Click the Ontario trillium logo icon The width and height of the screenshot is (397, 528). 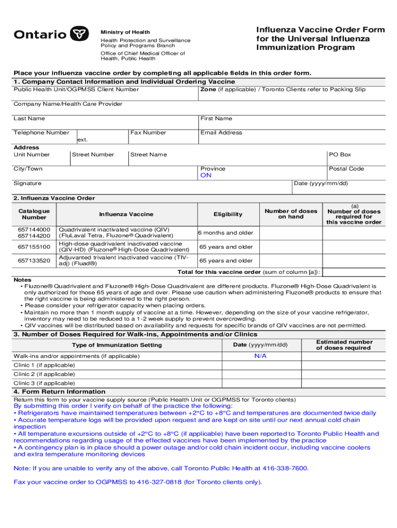click(x=78, y=34)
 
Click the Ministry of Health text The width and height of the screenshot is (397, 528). click(x=125, y=32)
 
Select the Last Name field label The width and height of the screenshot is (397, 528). click(x=29, y=119)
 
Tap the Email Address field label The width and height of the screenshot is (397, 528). click(x=221, y=133)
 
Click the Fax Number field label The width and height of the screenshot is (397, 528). click(x=148, y=133)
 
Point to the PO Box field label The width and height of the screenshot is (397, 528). click(x=340, y=155)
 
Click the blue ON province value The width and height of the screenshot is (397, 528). click(x=206, y=175)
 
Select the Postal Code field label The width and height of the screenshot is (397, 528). click(x=346, y=169)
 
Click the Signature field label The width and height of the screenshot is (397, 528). click(x=27, y=184)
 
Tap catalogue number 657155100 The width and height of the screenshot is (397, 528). click(x=34, y=247)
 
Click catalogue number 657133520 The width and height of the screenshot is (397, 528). click(x=34, y=261)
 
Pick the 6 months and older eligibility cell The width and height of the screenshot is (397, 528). click(x=226, y=233)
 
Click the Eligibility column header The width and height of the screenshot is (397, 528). click(x=228, y=214)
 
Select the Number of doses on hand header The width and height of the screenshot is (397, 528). click(x=291, y=214)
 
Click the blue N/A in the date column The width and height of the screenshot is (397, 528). click(x=260, y=356)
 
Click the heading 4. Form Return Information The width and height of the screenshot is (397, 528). click(x=59, y=392)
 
